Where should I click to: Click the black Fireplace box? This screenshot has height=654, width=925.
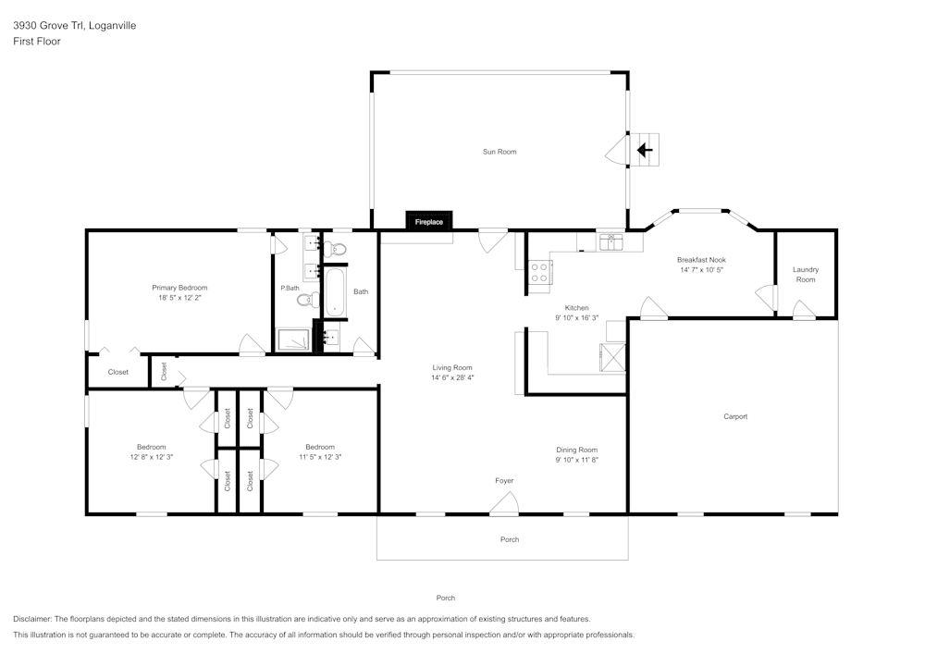pos(428,222)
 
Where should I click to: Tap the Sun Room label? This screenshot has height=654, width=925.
pos(499,152)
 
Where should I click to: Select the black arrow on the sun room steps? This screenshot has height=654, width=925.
pos(646,148)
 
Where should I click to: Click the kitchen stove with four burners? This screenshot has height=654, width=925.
pos(539,272)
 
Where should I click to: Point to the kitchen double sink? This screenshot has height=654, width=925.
pos(610,242)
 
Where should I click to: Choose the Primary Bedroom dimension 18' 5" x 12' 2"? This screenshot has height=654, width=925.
pos(179,298)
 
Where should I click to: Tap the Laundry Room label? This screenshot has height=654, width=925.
pos(806,275)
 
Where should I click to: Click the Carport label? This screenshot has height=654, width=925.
pos(735,416)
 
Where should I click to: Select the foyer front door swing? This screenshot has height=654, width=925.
pos(505,502)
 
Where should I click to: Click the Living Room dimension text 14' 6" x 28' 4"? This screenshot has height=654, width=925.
pos(451,377)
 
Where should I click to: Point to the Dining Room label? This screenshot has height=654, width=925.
pos(576,450)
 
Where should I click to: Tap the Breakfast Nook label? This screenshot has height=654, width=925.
pos(701,261)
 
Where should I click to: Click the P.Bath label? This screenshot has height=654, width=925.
pos(290,289)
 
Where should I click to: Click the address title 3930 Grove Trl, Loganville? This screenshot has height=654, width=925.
pos(74,26)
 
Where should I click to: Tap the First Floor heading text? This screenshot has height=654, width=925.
pos(37,42)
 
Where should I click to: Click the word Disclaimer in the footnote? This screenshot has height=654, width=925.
pos(32,619)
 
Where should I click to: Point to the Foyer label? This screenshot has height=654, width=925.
pos(504,481)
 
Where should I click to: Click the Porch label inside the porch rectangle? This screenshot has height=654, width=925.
pos(510,539)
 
